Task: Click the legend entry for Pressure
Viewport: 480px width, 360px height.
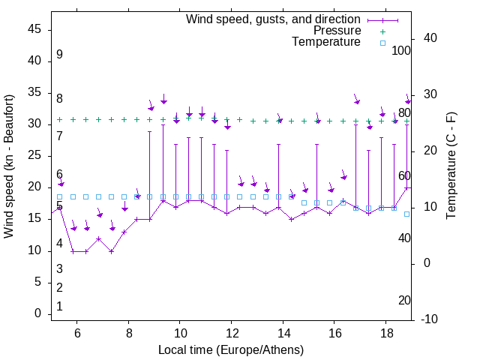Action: pos(337,31)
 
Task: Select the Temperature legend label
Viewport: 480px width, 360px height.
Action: pos(326,42)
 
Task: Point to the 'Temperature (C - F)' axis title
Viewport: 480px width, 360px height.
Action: pos(451,166)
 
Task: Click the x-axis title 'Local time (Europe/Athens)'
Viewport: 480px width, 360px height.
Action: pos(231,350)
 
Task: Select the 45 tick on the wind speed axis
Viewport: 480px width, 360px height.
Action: pos(34,29)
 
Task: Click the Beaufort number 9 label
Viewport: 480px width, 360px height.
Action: pos(59,55)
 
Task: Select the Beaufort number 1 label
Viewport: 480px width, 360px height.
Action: pos(59,306)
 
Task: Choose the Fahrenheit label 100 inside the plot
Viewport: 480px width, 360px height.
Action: pos(401,51)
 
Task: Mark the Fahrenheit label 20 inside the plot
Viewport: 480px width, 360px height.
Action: pos(404,300)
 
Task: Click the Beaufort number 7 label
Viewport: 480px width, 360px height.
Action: pos(59,136)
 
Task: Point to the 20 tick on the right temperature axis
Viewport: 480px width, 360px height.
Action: pos(431,151)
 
